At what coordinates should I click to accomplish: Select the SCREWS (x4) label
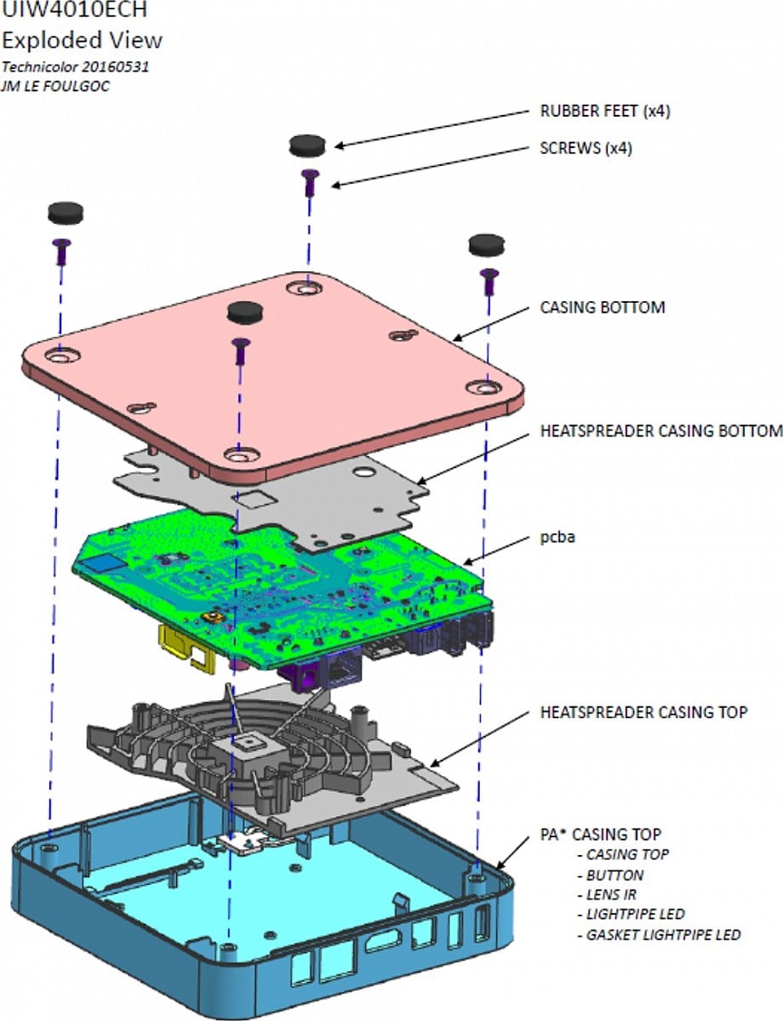(x=586, y=147)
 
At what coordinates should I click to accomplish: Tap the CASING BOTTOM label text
(x=603, y=306)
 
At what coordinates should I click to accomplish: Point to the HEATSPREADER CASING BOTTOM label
(x=661, y=431)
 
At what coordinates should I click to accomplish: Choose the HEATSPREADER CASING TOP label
(x=644, y=711)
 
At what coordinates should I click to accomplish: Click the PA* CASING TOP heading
(x=601, y=834)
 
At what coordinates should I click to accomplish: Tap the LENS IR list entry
(x=610, y=894)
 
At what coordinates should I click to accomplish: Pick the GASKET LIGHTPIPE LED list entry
(x=663, y=934)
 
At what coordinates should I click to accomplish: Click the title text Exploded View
(x=82, y=40)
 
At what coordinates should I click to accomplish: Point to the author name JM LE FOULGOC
(x=55, y=86)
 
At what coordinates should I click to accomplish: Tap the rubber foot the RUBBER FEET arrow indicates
(x=307, y=145)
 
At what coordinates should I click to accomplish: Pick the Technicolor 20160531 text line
(x=76, y=66)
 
